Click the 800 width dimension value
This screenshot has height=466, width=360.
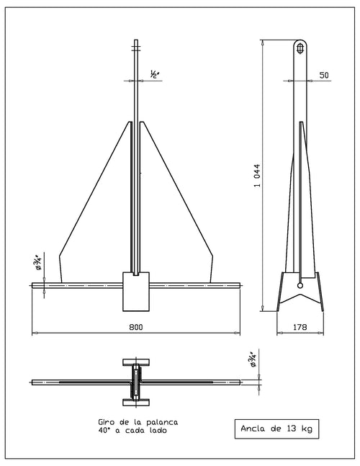click(x=136, y=327)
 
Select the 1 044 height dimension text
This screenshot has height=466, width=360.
click(x=257, y=175)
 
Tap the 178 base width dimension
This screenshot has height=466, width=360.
click(x=300, y=327)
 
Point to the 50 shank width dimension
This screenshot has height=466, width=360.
click(x=324, y=75)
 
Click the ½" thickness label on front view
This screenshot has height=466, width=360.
click(x=155, y=74)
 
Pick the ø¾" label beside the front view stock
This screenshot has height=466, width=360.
click(x=38, y=262)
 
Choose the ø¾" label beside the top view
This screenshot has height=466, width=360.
click(x=253, y=359)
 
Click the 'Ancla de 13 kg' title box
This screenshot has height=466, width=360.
click(x=276, y=429)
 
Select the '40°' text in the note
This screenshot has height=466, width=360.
click(x=104, y=430)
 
